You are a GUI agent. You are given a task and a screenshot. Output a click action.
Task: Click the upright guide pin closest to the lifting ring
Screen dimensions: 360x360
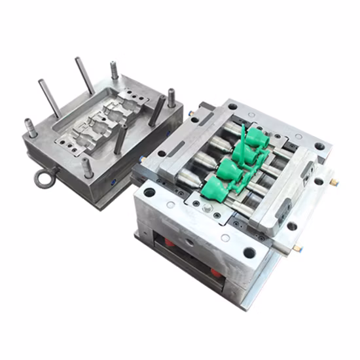click(x=87, y=166)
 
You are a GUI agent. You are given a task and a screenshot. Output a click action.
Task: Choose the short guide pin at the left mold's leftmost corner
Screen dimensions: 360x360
click(x=31, y=128)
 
